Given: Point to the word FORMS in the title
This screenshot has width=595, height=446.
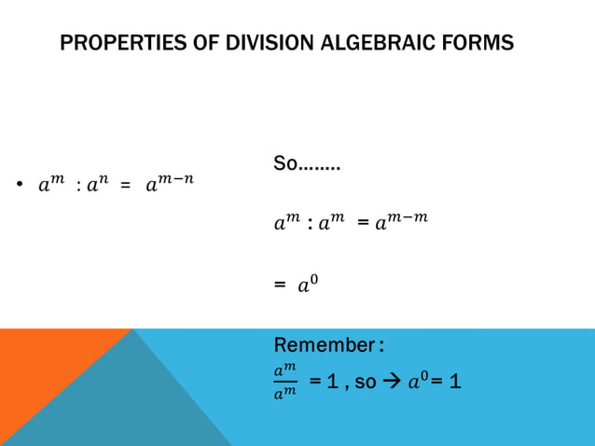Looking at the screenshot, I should pyautogui.click(x=480, y=43).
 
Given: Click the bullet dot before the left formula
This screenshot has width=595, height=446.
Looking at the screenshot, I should pyautogui.click(x=19, y=186).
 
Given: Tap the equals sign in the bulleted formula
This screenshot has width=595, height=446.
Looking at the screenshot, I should pyautogui.click(x=124, y=186).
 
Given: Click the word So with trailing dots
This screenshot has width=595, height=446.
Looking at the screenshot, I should pyautogui.click(x=306, y=165).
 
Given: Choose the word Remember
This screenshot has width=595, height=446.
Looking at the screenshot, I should pyautogui.click(x=323, y=345).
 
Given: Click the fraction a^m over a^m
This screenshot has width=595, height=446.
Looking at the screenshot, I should pyautogui.click(x=284, y=382).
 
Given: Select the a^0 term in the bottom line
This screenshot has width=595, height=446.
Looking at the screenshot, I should pyautogui.click(x=417, y=381).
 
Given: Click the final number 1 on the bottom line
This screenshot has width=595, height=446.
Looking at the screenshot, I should pyautogui.click(x=455, y=382).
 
